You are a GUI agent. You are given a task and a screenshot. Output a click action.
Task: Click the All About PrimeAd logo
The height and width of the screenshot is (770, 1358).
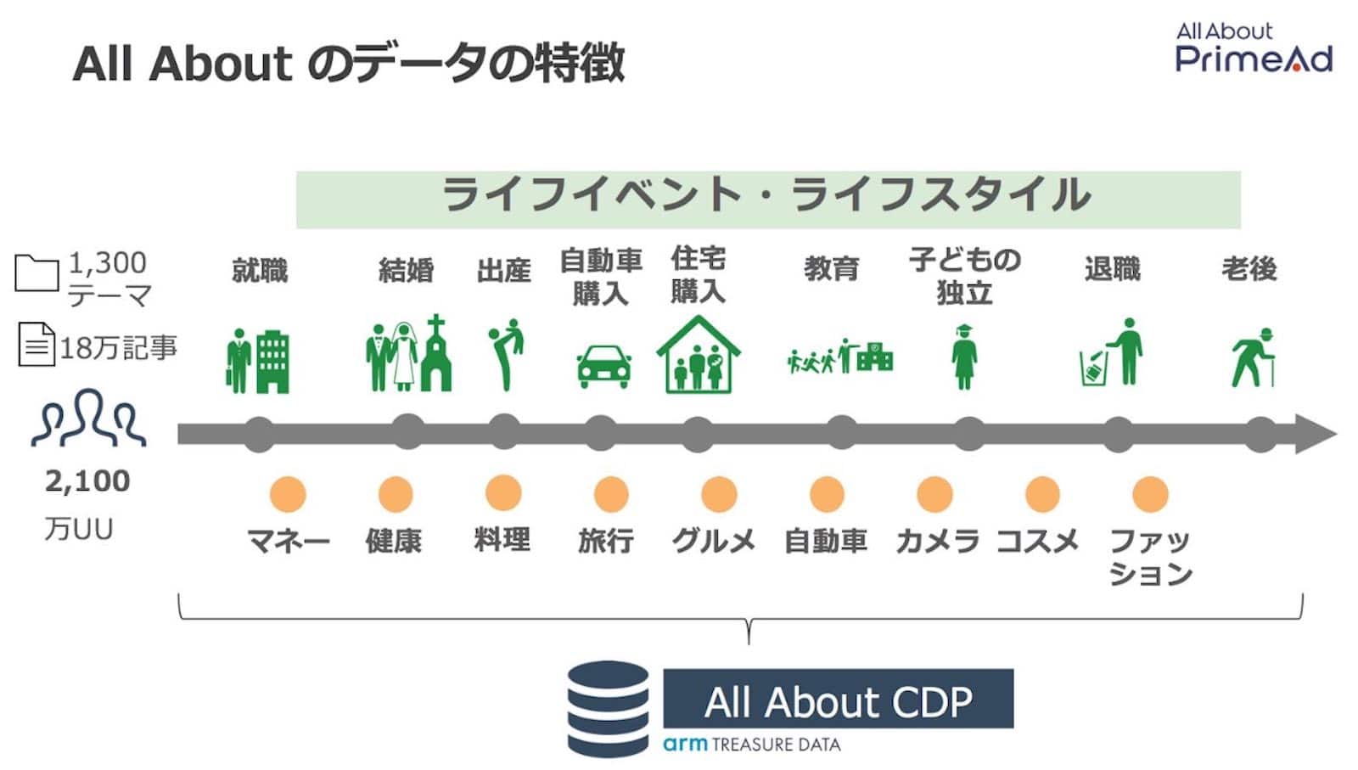(1254, 48)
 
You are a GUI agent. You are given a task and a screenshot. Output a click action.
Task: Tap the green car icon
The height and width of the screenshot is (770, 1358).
(603, 367)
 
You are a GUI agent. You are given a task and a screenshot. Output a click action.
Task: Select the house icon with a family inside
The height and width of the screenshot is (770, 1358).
(699, 355)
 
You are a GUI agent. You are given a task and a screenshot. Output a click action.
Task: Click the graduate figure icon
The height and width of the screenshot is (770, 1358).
(964, 357)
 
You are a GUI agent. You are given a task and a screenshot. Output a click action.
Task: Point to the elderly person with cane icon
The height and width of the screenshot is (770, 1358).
(1254, 357)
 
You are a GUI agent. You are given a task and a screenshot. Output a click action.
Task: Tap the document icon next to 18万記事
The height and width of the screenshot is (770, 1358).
(36, 344)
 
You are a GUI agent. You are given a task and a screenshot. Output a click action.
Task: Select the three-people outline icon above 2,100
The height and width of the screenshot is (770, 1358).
(88, 418)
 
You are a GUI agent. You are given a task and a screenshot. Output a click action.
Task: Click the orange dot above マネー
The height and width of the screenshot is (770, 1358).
(288, 494)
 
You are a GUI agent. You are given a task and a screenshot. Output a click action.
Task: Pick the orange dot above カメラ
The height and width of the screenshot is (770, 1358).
(934, 494)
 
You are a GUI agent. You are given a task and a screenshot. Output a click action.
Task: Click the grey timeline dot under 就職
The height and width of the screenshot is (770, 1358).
(259, 434)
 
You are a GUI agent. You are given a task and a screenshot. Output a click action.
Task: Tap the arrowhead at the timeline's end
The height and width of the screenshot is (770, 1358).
(1316, 434)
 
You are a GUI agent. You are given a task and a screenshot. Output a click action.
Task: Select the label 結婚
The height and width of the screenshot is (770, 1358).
(407, 271)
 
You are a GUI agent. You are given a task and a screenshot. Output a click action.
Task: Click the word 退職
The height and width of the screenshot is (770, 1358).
(1113, 269)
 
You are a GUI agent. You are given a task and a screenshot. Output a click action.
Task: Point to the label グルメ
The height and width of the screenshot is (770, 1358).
(714, 540)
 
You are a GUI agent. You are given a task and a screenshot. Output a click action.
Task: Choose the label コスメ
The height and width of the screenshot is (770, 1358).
(1037, 540)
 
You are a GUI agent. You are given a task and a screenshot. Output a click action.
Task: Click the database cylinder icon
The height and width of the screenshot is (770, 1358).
(608, 709)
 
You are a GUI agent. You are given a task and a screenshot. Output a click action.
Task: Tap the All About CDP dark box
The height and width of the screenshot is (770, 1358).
(839, 699)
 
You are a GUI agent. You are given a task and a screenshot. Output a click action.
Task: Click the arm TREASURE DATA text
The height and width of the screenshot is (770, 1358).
(752, 744)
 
